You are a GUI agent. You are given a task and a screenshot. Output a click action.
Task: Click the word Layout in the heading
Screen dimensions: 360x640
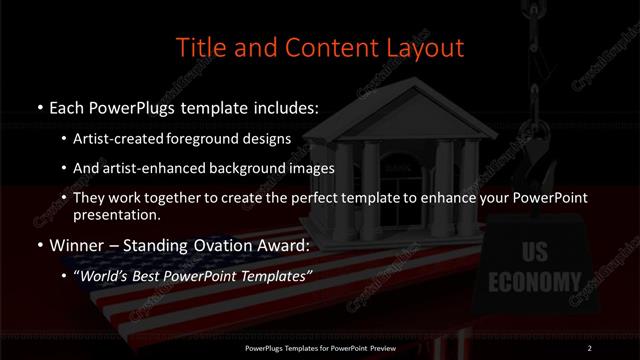[424, 48]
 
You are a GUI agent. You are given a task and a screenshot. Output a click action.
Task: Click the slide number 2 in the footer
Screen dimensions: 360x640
[590, 347]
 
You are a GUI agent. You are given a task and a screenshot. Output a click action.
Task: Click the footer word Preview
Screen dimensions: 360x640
[384, 347]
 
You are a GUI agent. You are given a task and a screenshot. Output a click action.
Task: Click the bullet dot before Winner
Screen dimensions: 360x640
[38, 245]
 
